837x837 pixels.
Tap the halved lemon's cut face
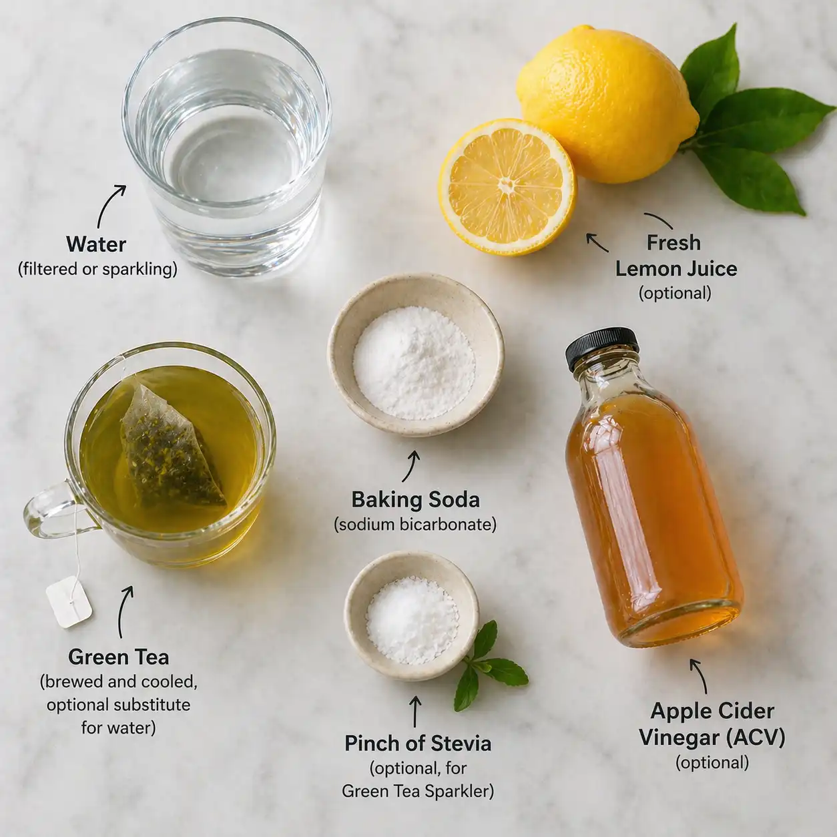pos(507,186)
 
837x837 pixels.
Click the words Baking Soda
pos(415,500)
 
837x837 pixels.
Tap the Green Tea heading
pos(118,657)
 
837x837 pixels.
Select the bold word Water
pos(96,244)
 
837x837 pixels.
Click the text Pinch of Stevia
pos(418,744)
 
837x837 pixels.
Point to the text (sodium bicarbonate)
pos(415,525)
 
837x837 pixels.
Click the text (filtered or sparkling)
pos(97,269)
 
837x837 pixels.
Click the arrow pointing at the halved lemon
pos(597,242)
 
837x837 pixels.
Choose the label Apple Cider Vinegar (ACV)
pos(712,724)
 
